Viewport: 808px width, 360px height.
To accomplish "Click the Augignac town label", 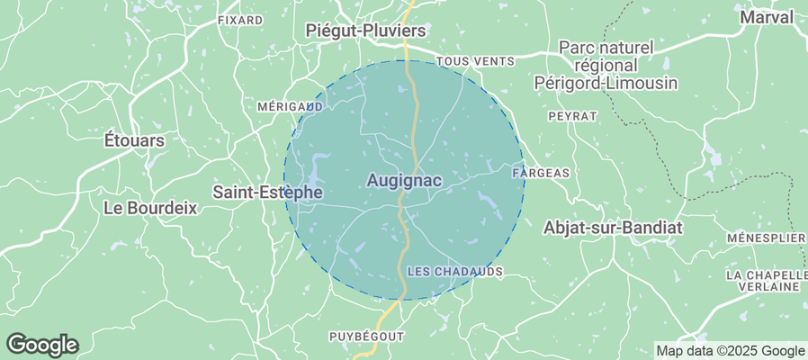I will point(404,181).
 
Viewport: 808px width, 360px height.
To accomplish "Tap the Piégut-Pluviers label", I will point(365,31).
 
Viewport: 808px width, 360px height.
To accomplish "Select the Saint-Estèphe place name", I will point(267,192).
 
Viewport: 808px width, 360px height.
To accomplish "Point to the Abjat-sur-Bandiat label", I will point(613,228).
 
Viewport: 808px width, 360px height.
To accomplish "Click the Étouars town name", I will point(135,140).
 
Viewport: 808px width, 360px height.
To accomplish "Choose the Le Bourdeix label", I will point(150,207).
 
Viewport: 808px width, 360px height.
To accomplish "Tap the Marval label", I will point(767,17).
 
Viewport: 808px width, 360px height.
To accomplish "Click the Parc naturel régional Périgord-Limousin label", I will point(617,64).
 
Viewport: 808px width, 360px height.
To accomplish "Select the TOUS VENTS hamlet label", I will point(475,61).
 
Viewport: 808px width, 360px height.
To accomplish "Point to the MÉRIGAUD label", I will point(290,106).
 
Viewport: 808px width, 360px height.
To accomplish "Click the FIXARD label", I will point(240,19).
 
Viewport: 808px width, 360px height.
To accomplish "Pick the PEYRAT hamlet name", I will point(572,116).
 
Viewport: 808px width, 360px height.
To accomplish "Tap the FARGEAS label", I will point(541,171).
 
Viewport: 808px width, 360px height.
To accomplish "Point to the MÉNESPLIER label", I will point(766,238).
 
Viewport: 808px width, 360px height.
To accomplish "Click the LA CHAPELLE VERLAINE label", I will point(768,280).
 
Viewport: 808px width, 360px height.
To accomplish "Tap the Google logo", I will point(41,344).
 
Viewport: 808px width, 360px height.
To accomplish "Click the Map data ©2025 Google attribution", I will point(730,351).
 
